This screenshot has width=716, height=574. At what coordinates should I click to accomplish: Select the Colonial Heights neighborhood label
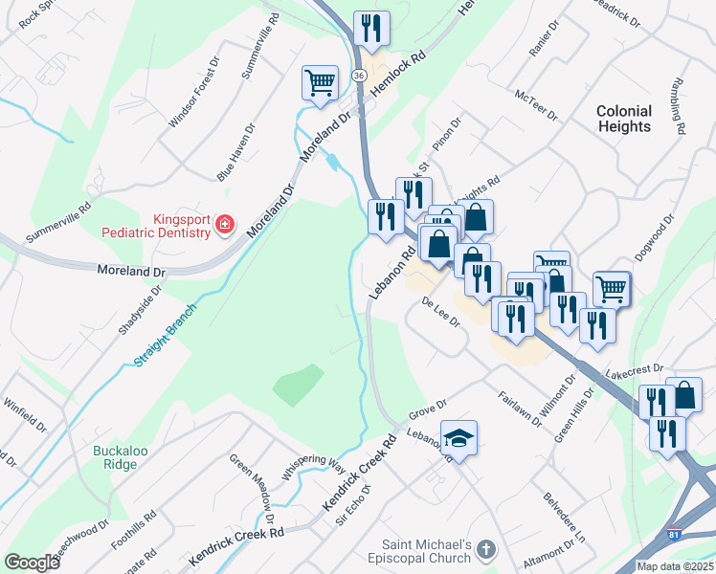coord(623,119)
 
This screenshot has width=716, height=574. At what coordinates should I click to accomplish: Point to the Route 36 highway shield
coord(358,75)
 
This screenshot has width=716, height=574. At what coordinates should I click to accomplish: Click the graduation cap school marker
coord(459,438)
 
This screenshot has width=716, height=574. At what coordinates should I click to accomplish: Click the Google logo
coord(32,562)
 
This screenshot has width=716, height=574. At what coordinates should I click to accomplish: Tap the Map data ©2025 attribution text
coord(675,566)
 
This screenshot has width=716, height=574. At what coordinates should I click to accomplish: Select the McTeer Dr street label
coord(535,101)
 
